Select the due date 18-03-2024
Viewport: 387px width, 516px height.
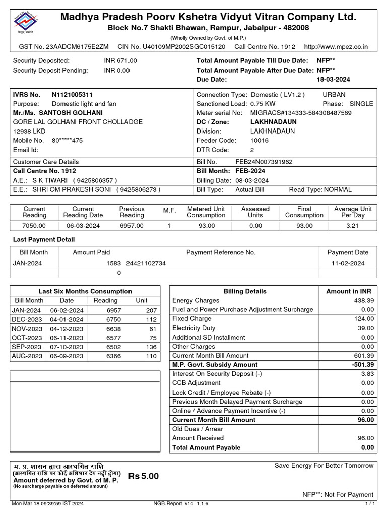pyautogui.click(x=333, y=80)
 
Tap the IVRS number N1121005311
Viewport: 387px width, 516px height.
pyautogui.click(x=72, y=95)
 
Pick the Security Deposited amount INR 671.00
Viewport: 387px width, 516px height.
pyautogui.click(x=120, y=60)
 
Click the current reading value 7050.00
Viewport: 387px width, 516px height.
pyautogui.click(x=34, y=226)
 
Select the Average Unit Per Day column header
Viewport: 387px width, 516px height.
pyautogui.click(x=353, y=212)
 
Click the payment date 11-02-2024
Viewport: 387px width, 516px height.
pyautogui.click(x=348, y=263)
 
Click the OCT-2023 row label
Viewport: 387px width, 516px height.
pyautogui.click(x=27, y=338)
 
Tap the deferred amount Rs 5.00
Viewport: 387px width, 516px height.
pyautogui.click(x=144, y=477)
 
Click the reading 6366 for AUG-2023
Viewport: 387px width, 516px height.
pyautogui.click(x=114, y=356)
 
